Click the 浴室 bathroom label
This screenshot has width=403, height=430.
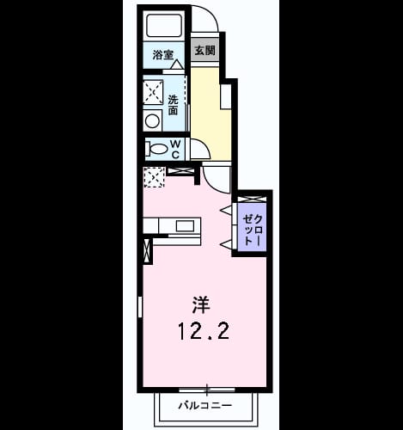[163, 54]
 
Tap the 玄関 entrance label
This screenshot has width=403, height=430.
[205, 51]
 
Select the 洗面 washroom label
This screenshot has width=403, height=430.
[173, 105]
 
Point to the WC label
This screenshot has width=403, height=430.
[175, 149]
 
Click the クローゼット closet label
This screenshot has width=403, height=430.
[253, 230]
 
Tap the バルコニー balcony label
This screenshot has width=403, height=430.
[205, 405]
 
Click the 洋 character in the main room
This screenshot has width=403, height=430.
[201, 304]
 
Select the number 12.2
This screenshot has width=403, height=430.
[204, 330]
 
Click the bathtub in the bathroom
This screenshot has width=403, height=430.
[164, 25]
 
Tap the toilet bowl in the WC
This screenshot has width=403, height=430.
[157, 149]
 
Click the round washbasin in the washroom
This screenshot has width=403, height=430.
[152, 121]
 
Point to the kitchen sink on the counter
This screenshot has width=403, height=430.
[185, 225]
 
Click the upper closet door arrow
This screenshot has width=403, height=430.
[225, 210]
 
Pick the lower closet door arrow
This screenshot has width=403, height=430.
[225, 244]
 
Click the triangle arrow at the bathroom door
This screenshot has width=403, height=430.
[177, 64]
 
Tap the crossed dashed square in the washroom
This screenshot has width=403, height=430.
[153, 92]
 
